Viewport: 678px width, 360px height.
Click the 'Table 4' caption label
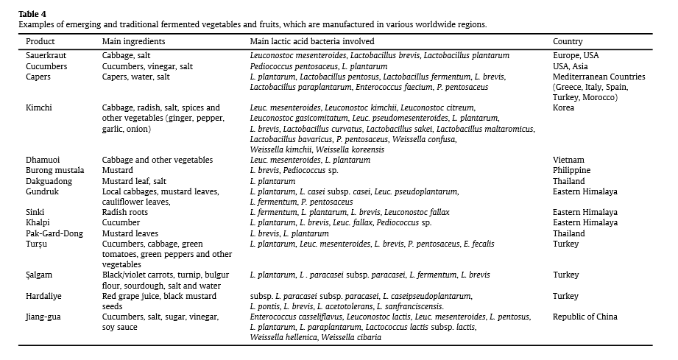[x=32, y=14]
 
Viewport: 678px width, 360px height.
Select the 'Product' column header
[x=40, y=42]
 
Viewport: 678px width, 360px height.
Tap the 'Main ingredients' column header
[x=133, y=42]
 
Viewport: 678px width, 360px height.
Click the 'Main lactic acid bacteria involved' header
[x=311, y=42]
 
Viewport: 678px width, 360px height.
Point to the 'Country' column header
[x=567, y=42]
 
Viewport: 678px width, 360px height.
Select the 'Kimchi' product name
[x=38, y=107]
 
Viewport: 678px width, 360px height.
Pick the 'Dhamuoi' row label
[x=42, y=160]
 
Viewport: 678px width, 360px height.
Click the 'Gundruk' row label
[x=42, y=191]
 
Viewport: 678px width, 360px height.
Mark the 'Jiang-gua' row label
[x=44, y=317]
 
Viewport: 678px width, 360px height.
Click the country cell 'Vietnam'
[x=568, y=160]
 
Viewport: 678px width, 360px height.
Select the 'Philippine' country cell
[x=571, y=170]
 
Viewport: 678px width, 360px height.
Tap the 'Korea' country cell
[x=563, y=107]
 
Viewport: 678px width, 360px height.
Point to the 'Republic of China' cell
[x=585, y=317]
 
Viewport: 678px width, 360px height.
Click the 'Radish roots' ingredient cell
[x=124, y=212]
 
